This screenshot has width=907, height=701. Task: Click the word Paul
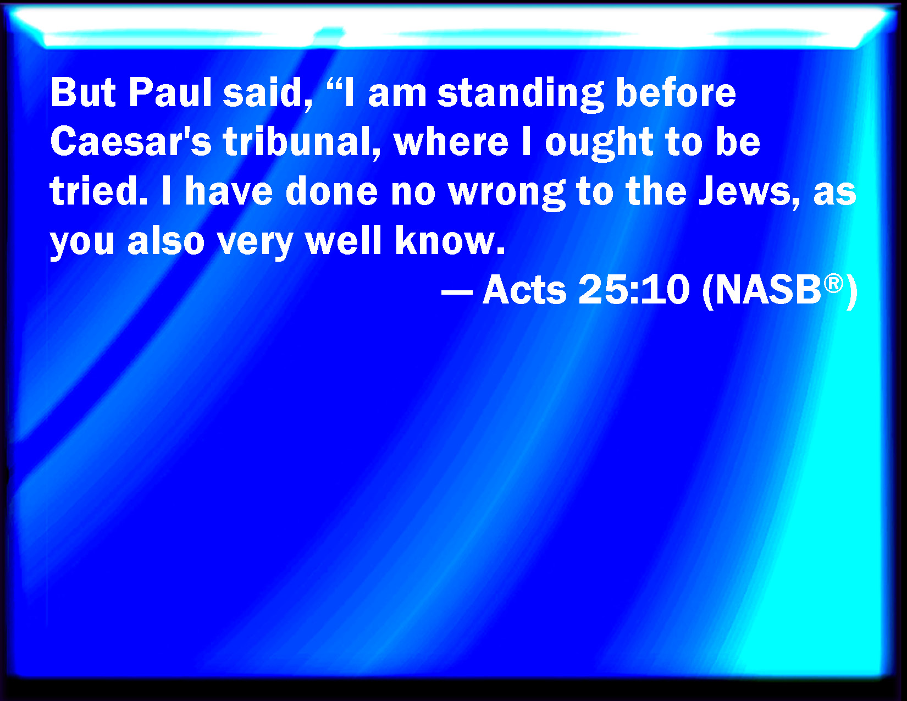170,92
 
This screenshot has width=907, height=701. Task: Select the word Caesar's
131,141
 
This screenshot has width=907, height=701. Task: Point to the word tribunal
302,142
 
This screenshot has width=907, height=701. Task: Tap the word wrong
507,194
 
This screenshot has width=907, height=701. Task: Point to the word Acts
524,289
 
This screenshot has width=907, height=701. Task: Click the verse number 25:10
634,289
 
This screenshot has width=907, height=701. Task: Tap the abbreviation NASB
767,289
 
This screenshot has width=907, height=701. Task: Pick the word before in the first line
676,92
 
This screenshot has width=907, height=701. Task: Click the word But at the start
82,92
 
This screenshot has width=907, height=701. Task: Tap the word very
255,244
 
